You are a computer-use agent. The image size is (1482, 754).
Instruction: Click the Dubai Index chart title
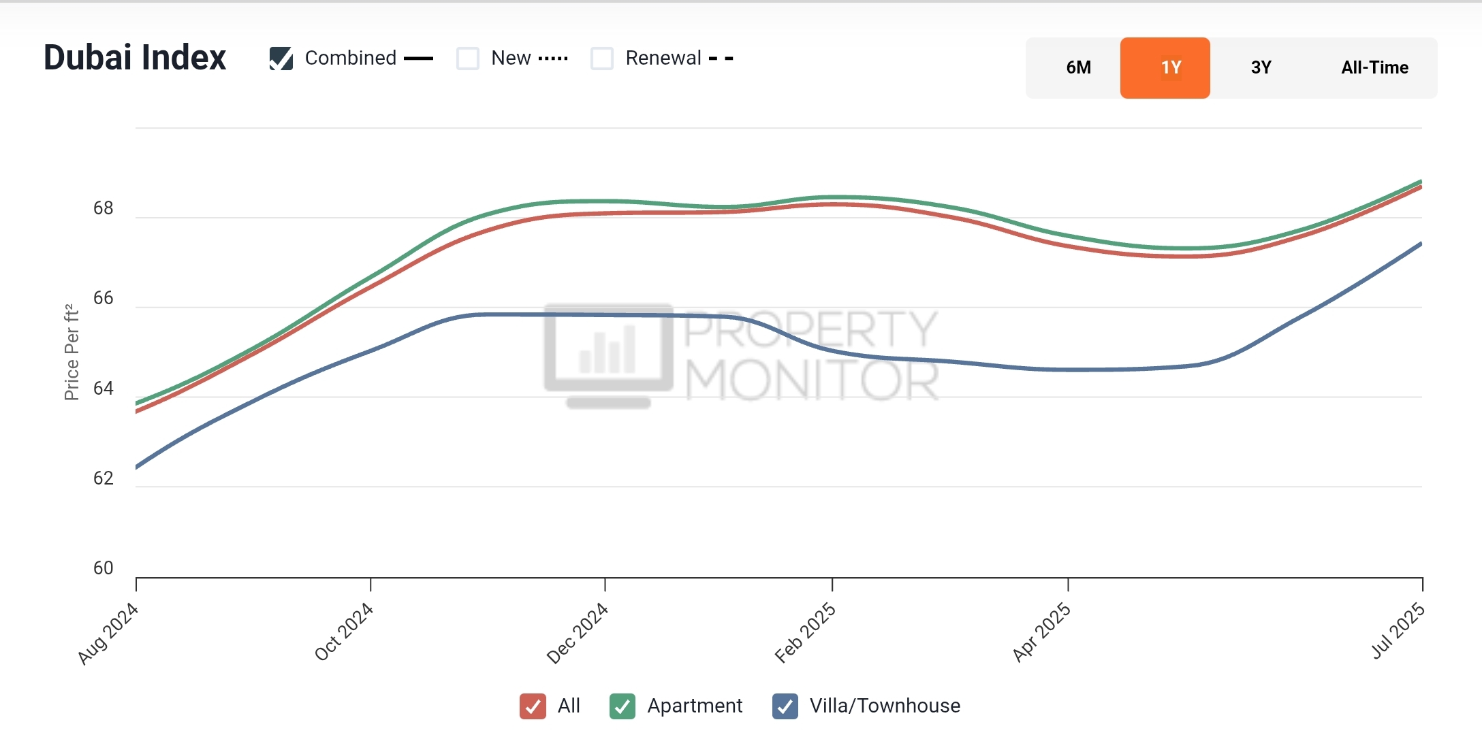135,57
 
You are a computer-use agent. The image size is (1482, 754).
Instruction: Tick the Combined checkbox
281,59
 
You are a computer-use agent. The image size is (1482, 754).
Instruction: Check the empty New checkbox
468,59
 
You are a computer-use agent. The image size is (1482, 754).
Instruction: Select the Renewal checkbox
602,59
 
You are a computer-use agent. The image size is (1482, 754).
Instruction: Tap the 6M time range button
1078,67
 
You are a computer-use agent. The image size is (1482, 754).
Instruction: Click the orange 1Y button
1165,67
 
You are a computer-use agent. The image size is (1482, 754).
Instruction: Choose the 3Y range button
1261,67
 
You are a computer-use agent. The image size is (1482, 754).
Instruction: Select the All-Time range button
1374,67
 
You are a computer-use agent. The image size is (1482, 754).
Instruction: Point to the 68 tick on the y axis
104,208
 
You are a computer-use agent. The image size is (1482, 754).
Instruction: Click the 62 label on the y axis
104,478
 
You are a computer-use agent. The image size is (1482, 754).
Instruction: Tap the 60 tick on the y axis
104,568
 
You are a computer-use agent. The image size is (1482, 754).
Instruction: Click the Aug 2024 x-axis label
108,634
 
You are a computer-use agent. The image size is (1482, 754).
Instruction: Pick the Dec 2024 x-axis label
577,634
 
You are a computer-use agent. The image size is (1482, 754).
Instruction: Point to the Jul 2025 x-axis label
1398,631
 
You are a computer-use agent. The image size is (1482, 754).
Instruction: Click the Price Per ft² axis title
72,353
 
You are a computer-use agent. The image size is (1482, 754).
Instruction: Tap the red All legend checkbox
533,706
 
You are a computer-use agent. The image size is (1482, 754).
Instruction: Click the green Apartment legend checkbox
622,706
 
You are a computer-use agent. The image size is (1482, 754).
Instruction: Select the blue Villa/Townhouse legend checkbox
785,706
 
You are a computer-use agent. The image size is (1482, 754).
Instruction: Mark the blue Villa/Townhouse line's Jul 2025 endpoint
1421,244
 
